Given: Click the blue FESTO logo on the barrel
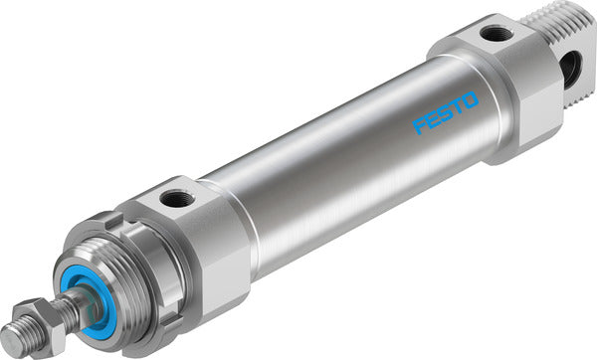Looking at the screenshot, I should coord(445,113).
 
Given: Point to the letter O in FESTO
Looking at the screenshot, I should coord(470,100).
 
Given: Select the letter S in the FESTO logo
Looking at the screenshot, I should coord(445,113).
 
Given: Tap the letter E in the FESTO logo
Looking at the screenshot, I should coord(433,120).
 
